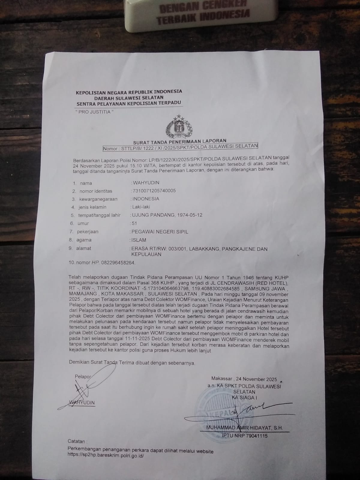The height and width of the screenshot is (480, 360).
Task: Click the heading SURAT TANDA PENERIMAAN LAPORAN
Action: click(180, 140)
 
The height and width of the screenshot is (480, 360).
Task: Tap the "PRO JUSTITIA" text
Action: click(94, 112)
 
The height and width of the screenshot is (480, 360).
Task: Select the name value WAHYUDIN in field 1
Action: click(146, 182)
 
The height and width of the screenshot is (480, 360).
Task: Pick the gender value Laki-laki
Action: click(141, 207)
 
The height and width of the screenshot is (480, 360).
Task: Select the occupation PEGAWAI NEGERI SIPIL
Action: click(160, 232)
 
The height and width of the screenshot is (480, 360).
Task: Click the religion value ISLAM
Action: click(139, 240)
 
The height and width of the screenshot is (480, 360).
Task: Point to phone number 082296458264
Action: click(118, 262)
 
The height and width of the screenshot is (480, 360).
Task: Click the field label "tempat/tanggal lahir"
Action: click(99, 215)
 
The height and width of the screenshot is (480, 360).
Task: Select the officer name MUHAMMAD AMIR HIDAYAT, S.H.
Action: click(244, 428)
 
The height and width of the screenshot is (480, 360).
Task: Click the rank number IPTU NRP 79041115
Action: click(244, 436)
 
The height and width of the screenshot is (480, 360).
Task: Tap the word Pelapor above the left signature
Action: click(82, 376)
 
